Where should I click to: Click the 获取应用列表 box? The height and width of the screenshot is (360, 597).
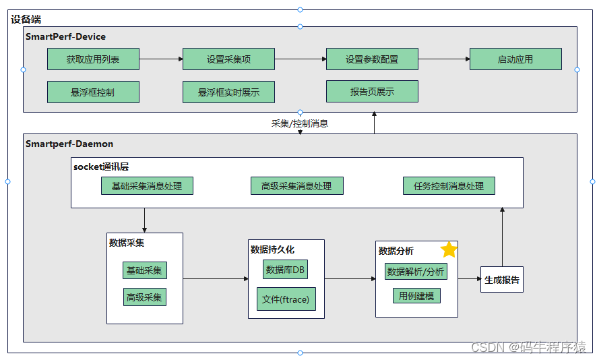(x=93, y=59)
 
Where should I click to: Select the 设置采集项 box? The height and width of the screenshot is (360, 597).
(x=228, y=59)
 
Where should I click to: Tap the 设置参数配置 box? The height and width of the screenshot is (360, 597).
(x=372, y=59)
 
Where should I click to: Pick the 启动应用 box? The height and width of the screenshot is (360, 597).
(x=515, y=59)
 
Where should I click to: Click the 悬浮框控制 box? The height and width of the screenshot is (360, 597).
(x=93, y=92)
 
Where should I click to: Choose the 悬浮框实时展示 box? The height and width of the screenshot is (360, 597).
(x=228, y=92)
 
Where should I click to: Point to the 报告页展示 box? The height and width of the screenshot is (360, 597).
(x=372, y=92)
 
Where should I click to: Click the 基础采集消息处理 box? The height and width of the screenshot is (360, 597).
(x=147, y=186)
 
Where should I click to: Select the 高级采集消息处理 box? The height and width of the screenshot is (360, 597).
(x=296, y=186)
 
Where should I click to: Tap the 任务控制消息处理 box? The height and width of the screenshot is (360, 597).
(x=449, y=186)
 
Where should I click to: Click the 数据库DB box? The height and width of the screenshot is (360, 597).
(x=285, y=270)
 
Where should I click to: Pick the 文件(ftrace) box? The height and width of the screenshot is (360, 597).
(x=286, y=299)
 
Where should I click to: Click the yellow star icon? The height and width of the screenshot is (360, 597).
(x=449, y=250)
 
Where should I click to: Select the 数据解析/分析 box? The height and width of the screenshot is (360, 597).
(x=416, y=272)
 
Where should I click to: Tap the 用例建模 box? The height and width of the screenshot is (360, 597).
(x=416, y=295)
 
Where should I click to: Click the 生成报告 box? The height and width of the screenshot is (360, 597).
(x=502, y=279)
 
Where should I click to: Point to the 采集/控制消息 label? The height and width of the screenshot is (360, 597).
(x=299, y=123)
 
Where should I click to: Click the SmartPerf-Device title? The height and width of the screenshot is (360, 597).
(x=65, y=36)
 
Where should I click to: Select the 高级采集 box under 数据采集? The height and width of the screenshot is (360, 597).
(x=145, y=297)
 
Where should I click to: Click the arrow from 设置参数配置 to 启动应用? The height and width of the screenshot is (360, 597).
(x=443, y=59)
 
